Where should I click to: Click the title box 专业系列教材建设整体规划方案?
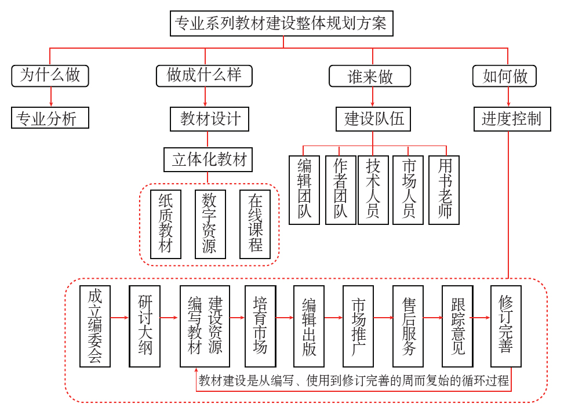[283, 24]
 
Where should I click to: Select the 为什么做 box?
[50, 75]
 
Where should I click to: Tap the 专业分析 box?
[50, 118]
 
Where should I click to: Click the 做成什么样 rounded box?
[205, 75]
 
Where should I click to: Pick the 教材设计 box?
[210, 119]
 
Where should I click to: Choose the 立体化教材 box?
[209, 159]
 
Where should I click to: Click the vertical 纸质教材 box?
[166, 224]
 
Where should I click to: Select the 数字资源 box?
[210, 224]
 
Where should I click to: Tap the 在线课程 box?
[255, 224]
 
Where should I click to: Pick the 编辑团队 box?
[304, 190]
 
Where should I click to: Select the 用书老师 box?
[444, 190]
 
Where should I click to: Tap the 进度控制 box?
[511, 119]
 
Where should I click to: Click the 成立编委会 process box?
[95, 326]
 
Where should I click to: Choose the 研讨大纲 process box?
[145, 326]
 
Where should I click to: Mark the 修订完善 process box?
[505, 326]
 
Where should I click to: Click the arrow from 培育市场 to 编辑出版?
[285, 318]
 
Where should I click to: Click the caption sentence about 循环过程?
[354, 381]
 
